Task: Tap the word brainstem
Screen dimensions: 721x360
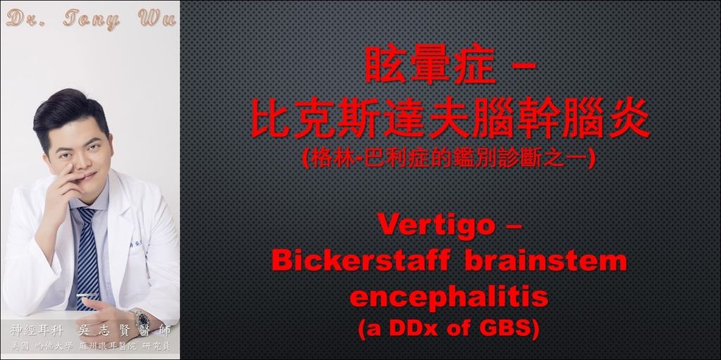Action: [546, 261]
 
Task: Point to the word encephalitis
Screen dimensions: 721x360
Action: [449, 297]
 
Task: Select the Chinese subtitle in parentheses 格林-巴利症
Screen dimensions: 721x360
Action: [365, 159]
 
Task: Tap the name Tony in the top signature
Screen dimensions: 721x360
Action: [92, 19]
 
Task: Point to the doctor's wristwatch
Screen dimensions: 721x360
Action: [139, 318]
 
